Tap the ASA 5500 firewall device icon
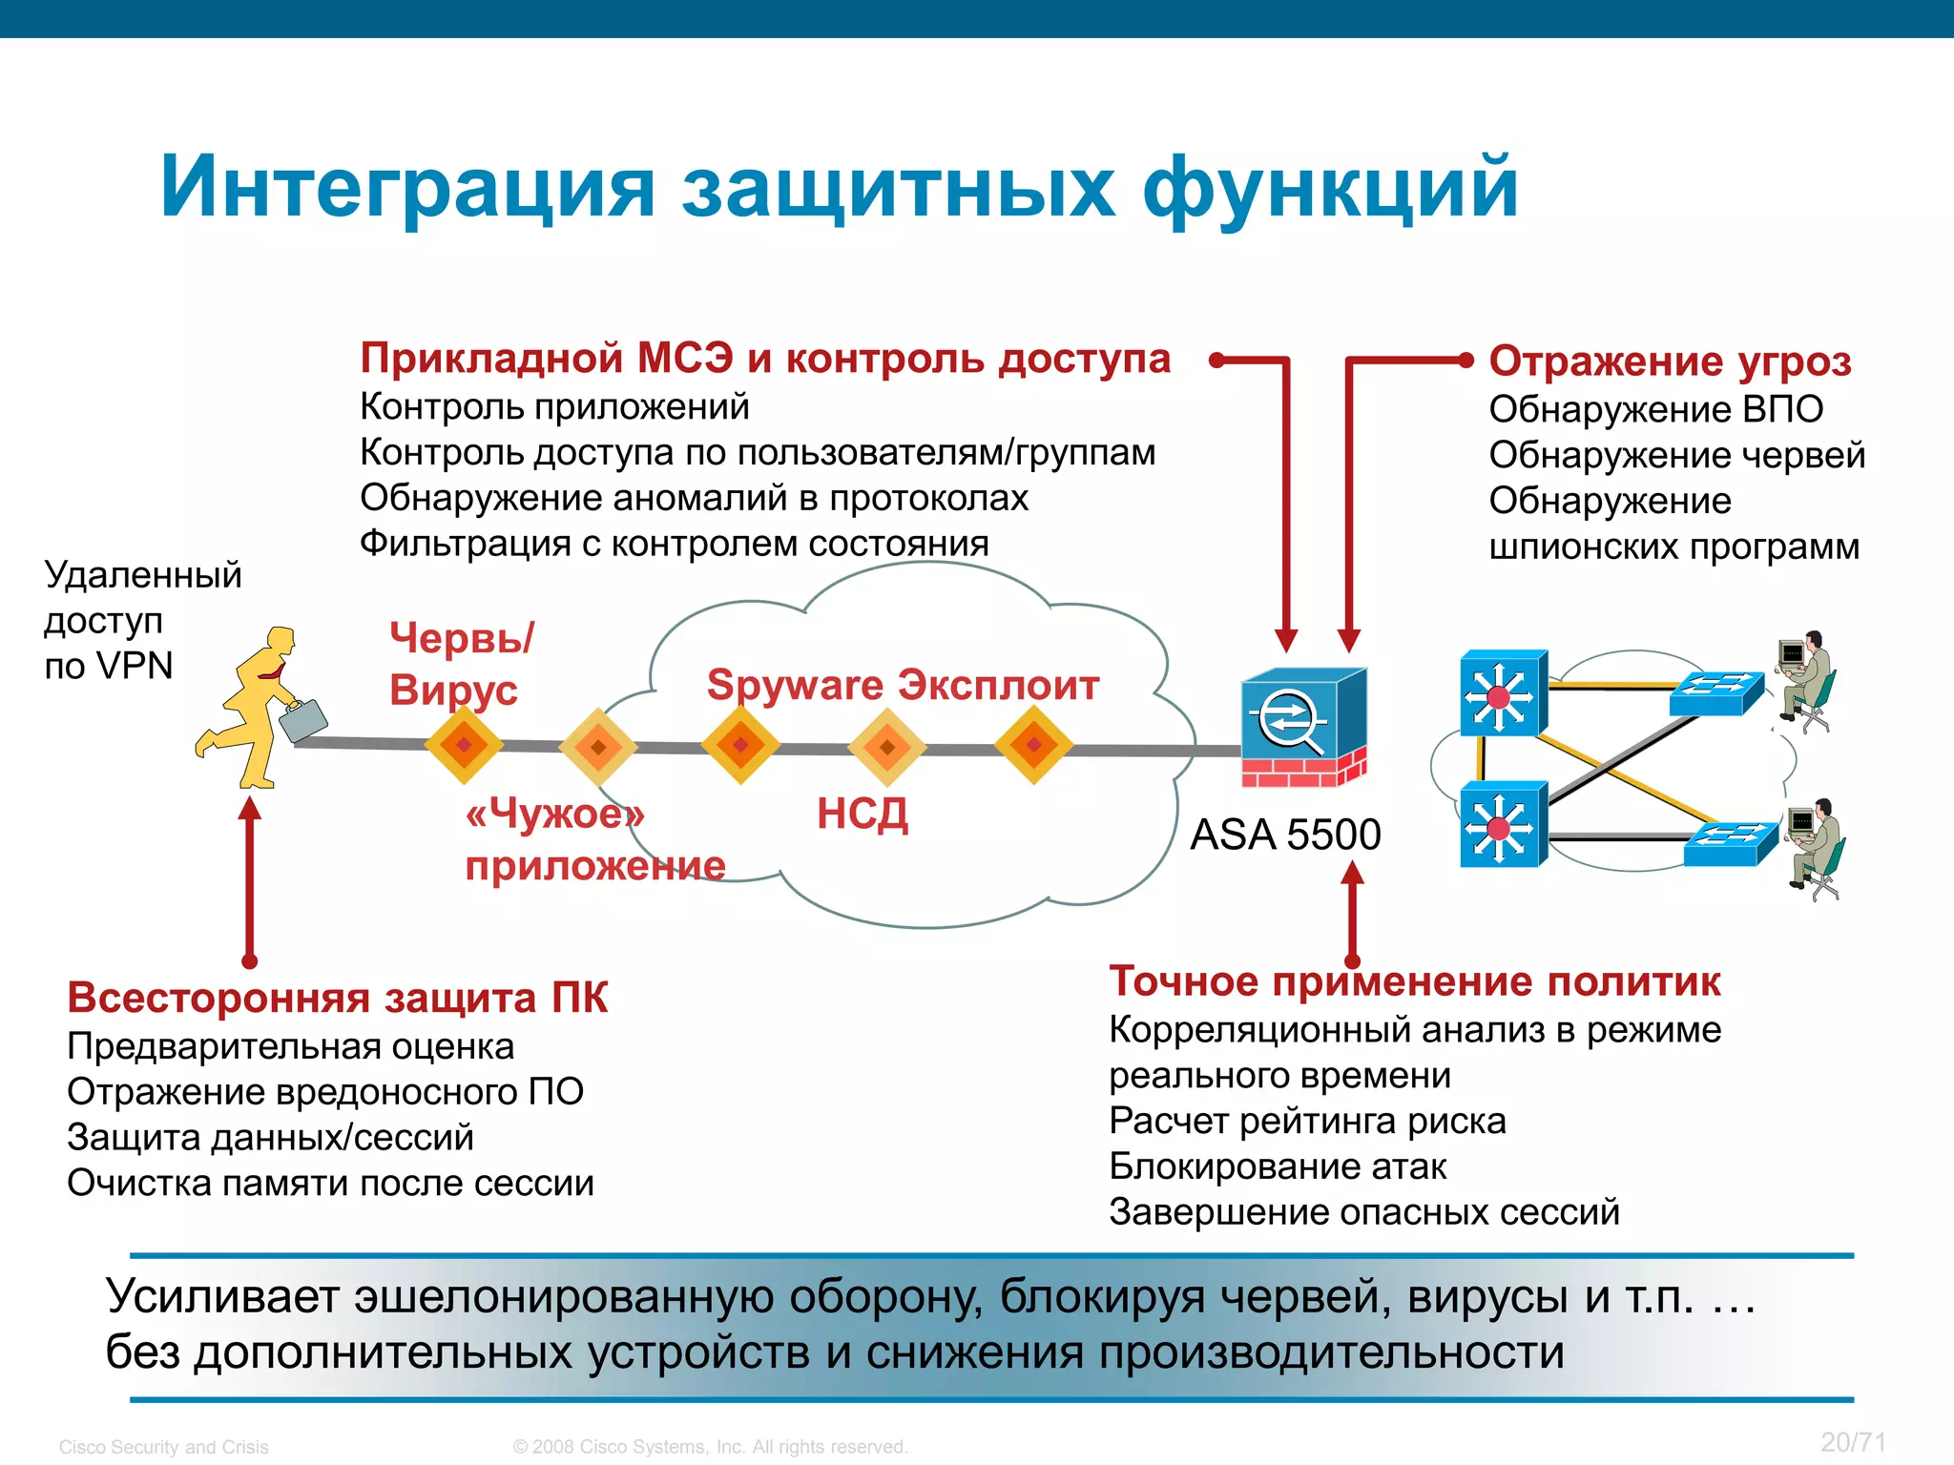[x=1303, y=727]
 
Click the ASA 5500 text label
[x=1285, y=835]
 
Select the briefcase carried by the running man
[x=303, y=721]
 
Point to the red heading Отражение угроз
[x=1670, y=361]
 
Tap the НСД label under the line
[x=863, y=814]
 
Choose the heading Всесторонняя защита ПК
[x=337, y=998]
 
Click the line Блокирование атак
[x=1278, y=1166]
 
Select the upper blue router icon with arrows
[x=1503, y=694]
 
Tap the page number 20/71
[x=1853, y=1442]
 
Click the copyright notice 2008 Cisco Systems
[x=710, y=1447]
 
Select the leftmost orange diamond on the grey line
[x=464, y=745]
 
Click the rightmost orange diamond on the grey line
[x=1033, y=745]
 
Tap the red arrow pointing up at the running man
[x=250, y=877]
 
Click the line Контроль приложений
[x=554, y=407]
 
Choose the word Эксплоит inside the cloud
[x=999, y=685]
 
